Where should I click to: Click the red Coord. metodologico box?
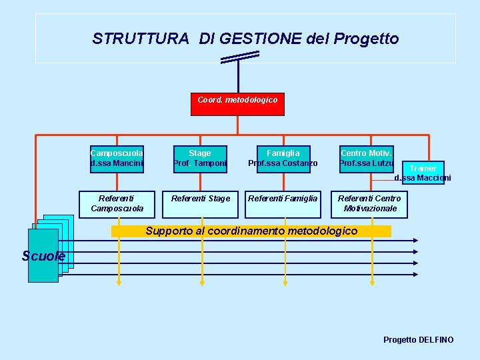pos(237,103)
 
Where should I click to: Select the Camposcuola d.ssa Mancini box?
pos(117,159)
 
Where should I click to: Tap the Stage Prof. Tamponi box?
pos(200,159)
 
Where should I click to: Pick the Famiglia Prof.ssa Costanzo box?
pos(283,159)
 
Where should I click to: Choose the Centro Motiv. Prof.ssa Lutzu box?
pos(367,159)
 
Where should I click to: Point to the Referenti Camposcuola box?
pos(117,204)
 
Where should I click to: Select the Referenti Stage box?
pos(200,204)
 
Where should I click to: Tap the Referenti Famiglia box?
pos(283,204)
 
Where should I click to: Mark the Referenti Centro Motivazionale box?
pos(369,204)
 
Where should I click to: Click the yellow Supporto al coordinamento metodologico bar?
pos(251,231)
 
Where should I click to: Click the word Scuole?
pos(43,257)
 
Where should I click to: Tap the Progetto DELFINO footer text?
pos(418,340)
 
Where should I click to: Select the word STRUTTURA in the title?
pos(141,39)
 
